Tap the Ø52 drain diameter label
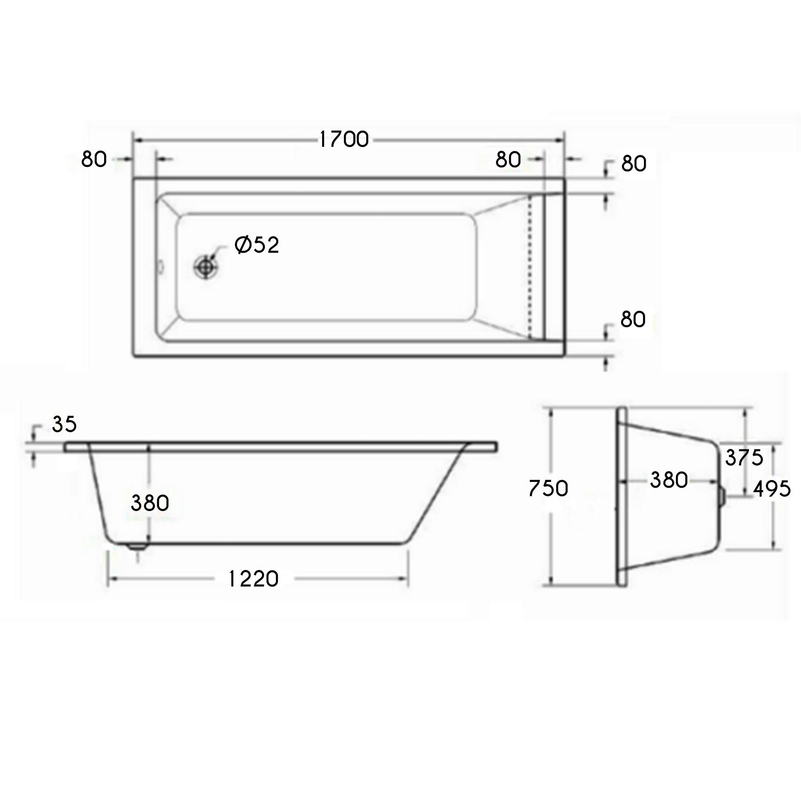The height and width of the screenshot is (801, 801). [x=257, y=245]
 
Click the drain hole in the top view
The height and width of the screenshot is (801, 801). [x=206, y=267]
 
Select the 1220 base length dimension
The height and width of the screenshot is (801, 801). [x=253, y=579]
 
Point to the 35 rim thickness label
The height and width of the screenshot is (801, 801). [x=65, y=425]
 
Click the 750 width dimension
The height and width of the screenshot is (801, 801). [x=548, y=489]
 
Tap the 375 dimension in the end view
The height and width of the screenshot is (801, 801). [x=744, y=457]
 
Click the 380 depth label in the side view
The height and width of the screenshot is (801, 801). [x=150, y=503]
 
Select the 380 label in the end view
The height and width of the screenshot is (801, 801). [x=669, y=480]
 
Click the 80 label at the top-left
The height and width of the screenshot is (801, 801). [x=94, y=159]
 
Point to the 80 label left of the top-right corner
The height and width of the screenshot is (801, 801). [x=508, y=159]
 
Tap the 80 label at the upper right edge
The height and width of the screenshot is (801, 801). [x=634, y=164]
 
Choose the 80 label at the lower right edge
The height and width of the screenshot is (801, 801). [x=633, y=320]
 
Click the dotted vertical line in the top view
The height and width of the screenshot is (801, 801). [x=530, y=267]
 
